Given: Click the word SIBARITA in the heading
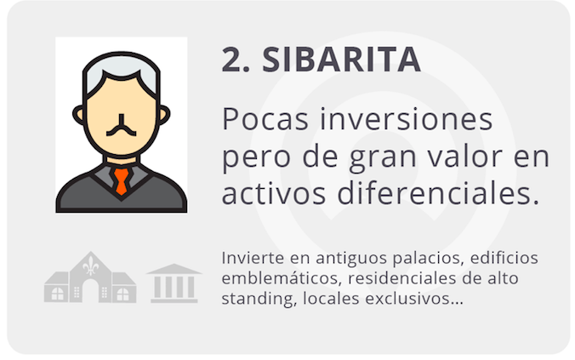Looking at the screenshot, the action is (341, 60).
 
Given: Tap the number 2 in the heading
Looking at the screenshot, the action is (231, 60).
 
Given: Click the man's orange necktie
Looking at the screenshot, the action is (121, 181).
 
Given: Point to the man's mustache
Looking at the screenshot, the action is (121, 126).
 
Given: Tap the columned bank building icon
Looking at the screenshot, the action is (174, 283).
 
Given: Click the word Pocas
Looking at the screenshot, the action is (265, 120).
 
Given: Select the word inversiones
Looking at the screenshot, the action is (407, 119).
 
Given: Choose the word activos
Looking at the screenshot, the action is (274, 193).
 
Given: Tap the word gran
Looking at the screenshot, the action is (383, 160).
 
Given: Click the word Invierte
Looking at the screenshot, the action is (253, 258).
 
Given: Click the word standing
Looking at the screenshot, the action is (259, 299).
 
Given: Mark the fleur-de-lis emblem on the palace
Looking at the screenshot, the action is (90, 266).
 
